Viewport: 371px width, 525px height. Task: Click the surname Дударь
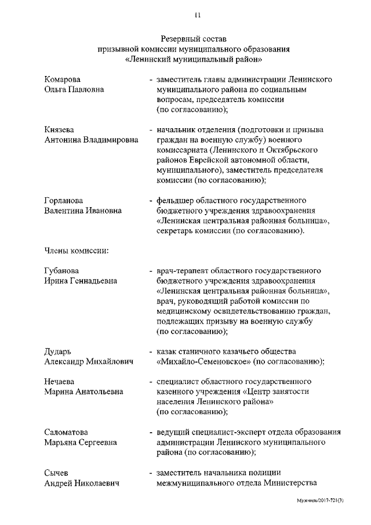[x=59, y=351]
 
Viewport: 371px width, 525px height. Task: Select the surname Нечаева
[x=61, y=382]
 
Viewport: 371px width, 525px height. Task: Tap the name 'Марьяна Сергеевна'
[x=81, y=443]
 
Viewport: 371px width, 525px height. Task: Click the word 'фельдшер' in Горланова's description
[x=174, y=200]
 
